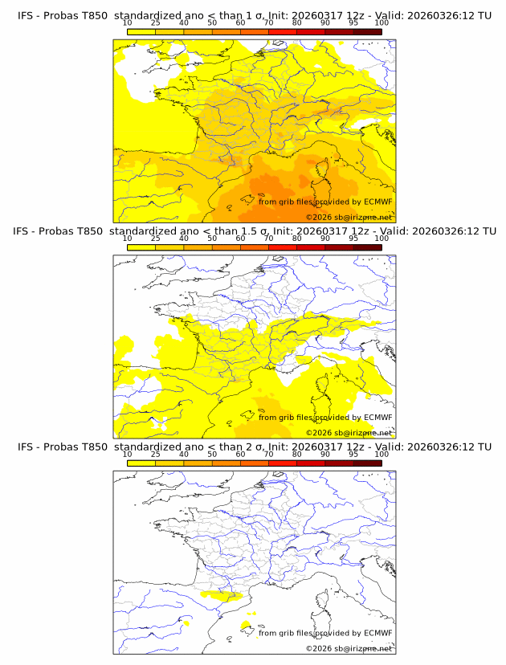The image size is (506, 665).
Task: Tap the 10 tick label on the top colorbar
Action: click(127, 23)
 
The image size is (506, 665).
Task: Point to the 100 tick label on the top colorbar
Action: click(382, 23)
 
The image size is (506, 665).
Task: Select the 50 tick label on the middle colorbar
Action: click(212, 239)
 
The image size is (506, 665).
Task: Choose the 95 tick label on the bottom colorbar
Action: click(353, 455)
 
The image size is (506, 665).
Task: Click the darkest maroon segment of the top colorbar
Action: click(368, 31)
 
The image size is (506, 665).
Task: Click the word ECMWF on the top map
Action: click(377, 202)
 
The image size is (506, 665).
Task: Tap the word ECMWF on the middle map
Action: click(377, 417)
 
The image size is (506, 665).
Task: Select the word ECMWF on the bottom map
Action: click(377, 633)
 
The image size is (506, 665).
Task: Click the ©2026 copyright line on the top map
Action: click(349, 217)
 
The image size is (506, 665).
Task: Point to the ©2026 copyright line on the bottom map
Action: click(349, 648)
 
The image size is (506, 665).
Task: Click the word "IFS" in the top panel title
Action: click(26, 15)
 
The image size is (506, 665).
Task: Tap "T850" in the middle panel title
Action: click(92, 231)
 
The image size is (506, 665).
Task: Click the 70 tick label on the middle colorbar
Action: click(269, 239)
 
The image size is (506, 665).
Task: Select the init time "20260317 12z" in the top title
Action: click(333, 15)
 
